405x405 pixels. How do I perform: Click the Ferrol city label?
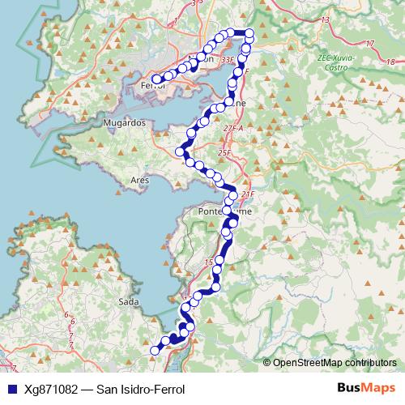click(152, 85)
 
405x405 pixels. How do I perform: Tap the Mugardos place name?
click(124, 122)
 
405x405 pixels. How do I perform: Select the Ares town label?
click(140, 180)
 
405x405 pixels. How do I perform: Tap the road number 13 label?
click(326, 19)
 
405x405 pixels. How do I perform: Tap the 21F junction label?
click(248, 194)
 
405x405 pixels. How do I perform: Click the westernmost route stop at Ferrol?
click(156, 79)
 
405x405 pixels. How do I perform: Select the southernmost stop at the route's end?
click(156, 350)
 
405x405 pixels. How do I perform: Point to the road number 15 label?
click(208, 262)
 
